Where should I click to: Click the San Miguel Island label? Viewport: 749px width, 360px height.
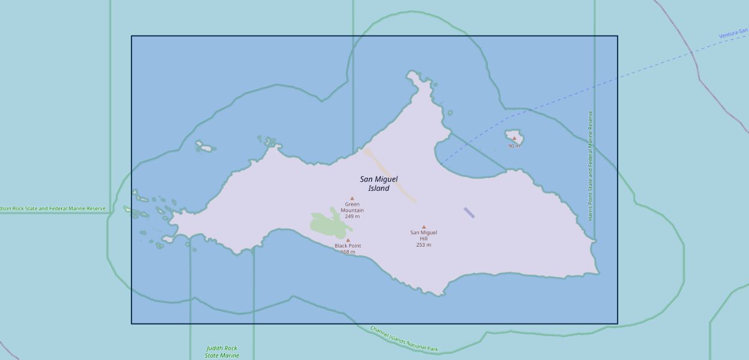(379, 184)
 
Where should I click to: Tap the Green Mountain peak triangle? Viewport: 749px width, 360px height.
(352, 199)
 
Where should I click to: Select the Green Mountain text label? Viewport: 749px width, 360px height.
(352, 208)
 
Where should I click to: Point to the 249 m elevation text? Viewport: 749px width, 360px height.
(352, 217)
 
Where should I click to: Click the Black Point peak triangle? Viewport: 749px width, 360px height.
(347, 240)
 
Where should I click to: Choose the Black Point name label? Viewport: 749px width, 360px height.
(348, 246)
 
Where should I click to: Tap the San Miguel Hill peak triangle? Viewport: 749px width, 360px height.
(424, 227)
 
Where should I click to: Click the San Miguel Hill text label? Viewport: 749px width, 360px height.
(424, 235)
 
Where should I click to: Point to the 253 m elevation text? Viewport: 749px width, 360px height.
(424, 245)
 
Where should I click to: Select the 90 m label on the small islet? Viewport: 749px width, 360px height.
(514, 146)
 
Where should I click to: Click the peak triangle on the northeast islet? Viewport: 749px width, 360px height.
(514, 138)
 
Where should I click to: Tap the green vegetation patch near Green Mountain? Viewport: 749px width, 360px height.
(329, 224)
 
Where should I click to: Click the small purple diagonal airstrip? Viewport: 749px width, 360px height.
(469, 212)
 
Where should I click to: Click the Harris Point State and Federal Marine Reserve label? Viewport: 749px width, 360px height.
(591, 166)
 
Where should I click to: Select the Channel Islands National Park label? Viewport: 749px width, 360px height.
(404, 339)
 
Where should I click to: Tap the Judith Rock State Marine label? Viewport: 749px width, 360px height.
(222, 352)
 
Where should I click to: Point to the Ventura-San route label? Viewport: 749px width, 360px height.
(733, 33)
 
